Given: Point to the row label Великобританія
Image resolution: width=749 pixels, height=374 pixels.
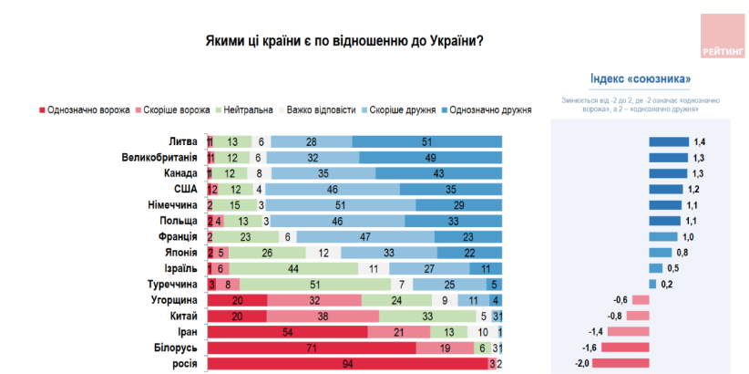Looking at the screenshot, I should (x=160, y=157).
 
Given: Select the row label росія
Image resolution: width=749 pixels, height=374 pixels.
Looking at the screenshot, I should (x=182, y=363).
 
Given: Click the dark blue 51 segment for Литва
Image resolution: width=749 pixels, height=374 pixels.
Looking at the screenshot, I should (x=426, y=141).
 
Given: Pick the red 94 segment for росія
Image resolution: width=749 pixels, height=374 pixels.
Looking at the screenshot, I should (x=347, y=363).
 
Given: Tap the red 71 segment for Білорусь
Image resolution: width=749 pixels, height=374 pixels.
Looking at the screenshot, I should (x=312, y=348).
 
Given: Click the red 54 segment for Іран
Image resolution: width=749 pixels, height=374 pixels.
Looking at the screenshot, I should (x=287, y=331).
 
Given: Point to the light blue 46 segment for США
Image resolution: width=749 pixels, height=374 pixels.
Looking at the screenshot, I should (x=333, y=189).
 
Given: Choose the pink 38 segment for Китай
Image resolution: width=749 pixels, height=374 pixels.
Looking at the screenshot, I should (x=322, y=316).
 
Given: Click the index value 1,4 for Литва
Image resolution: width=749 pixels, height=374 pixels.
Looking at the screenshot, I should (x=700, y=141).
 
